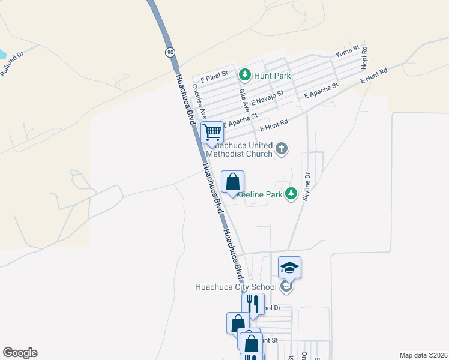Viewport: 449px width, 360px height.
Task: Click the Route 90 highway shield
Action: point(171,53)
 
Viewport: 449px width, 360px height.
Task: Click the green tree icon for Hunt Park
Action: point(245,75)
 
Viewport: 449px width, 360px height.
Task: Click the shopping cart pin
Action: point(212,132)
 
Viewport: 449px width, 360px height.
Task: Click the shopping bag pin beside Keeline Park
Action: point(233,182)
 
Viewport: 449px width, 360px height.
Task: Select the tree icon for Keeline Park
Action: point(291,193)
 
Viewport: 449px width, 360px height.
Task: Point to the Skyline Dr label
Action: point(307,185)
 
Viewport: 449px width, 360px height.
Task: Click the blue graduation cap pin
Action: point(289,268)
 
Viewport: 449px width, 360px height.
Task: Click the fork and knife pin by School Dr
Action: point(253,304)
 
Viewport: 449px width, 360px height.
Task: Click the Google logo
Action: point(20,353)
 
